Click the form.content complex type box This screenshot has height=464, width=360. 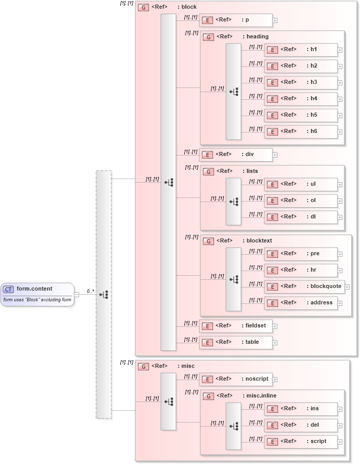[x=37, y=294]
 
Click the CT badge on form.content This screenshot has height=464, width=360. [x=9, y=289]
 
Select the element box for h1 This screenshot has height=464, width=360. [x=301, y=50]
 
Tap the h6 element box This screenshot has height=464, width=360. [x=301, y=131]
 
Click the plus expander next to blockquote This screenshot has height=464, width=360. [x=347, y=287]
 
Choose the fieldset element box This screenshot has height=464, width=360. [x=236, y=326]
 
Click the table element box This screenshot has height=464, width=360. [x=236, y=342]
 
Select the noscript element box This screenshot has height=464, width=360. [x=236, y=379]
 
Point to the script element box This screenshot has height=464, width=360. [x=301, y=441]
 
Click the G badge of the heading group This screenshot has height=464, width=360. [x=208, y=37]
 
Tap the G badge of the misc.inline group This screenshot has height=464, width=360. [x=208, y=396]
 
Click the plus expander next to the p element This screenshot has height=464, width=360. [x=275, y=21]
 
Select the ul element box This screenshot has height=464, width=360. [x=301, y=184]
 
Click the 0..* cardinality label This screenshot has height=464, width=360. [x=90, y=291]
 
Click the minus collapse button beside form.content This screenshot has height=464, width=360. [x=76, y=294]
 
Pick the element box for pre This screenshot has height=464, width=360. [x=301, y=254]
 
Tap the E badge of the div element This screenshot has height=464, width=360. [x=207, y=154]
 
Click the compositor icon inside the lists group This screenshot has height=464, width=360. [x=234, y=202]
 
